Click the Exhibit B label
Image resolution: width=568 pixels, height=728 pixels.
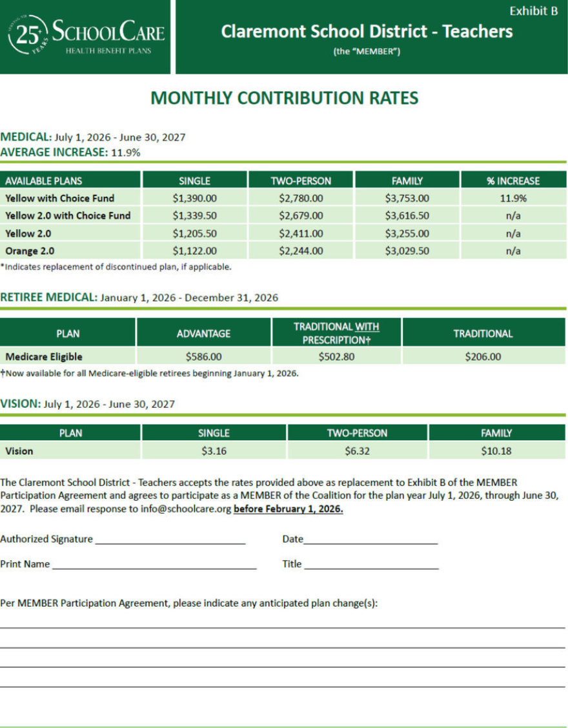533,11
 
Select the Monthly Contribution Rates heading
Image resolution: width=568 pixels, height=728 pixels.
284,98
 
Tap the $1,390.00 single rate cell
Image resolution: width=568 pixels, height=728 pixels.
194,198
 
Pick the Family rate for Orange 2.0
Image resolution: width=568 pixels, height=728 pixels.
407,250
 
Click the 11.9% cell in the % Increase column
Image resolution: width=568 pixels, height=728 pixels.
513,198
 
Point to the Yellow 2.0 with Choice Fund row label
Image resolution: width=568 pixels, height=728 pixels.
68,216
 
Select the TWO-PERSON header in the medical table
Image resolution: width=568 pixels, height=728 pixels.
301,181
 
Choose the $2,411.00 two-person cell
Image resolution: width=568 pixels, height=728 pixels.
301,233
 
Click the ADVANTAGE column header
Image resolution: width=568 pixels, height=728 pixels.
203,334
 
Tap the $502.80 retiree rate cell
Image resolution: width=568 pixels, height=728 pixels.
336,356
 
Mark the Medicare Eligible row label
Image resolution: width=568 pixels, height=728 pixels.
44,356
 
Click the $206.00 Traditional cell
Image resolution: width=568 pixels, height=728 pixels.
483,356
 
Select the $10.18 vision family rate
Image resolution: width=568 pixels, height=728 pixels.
496,451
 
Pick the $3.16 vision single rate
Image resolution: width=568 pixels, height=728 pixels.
214,451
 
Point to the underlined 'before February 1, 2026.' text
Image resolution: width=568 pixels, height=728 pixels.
288,509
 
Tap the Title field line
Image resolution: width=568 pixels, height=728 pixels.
371,565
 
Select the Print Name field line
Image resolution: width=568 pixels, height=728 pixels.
154,565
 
